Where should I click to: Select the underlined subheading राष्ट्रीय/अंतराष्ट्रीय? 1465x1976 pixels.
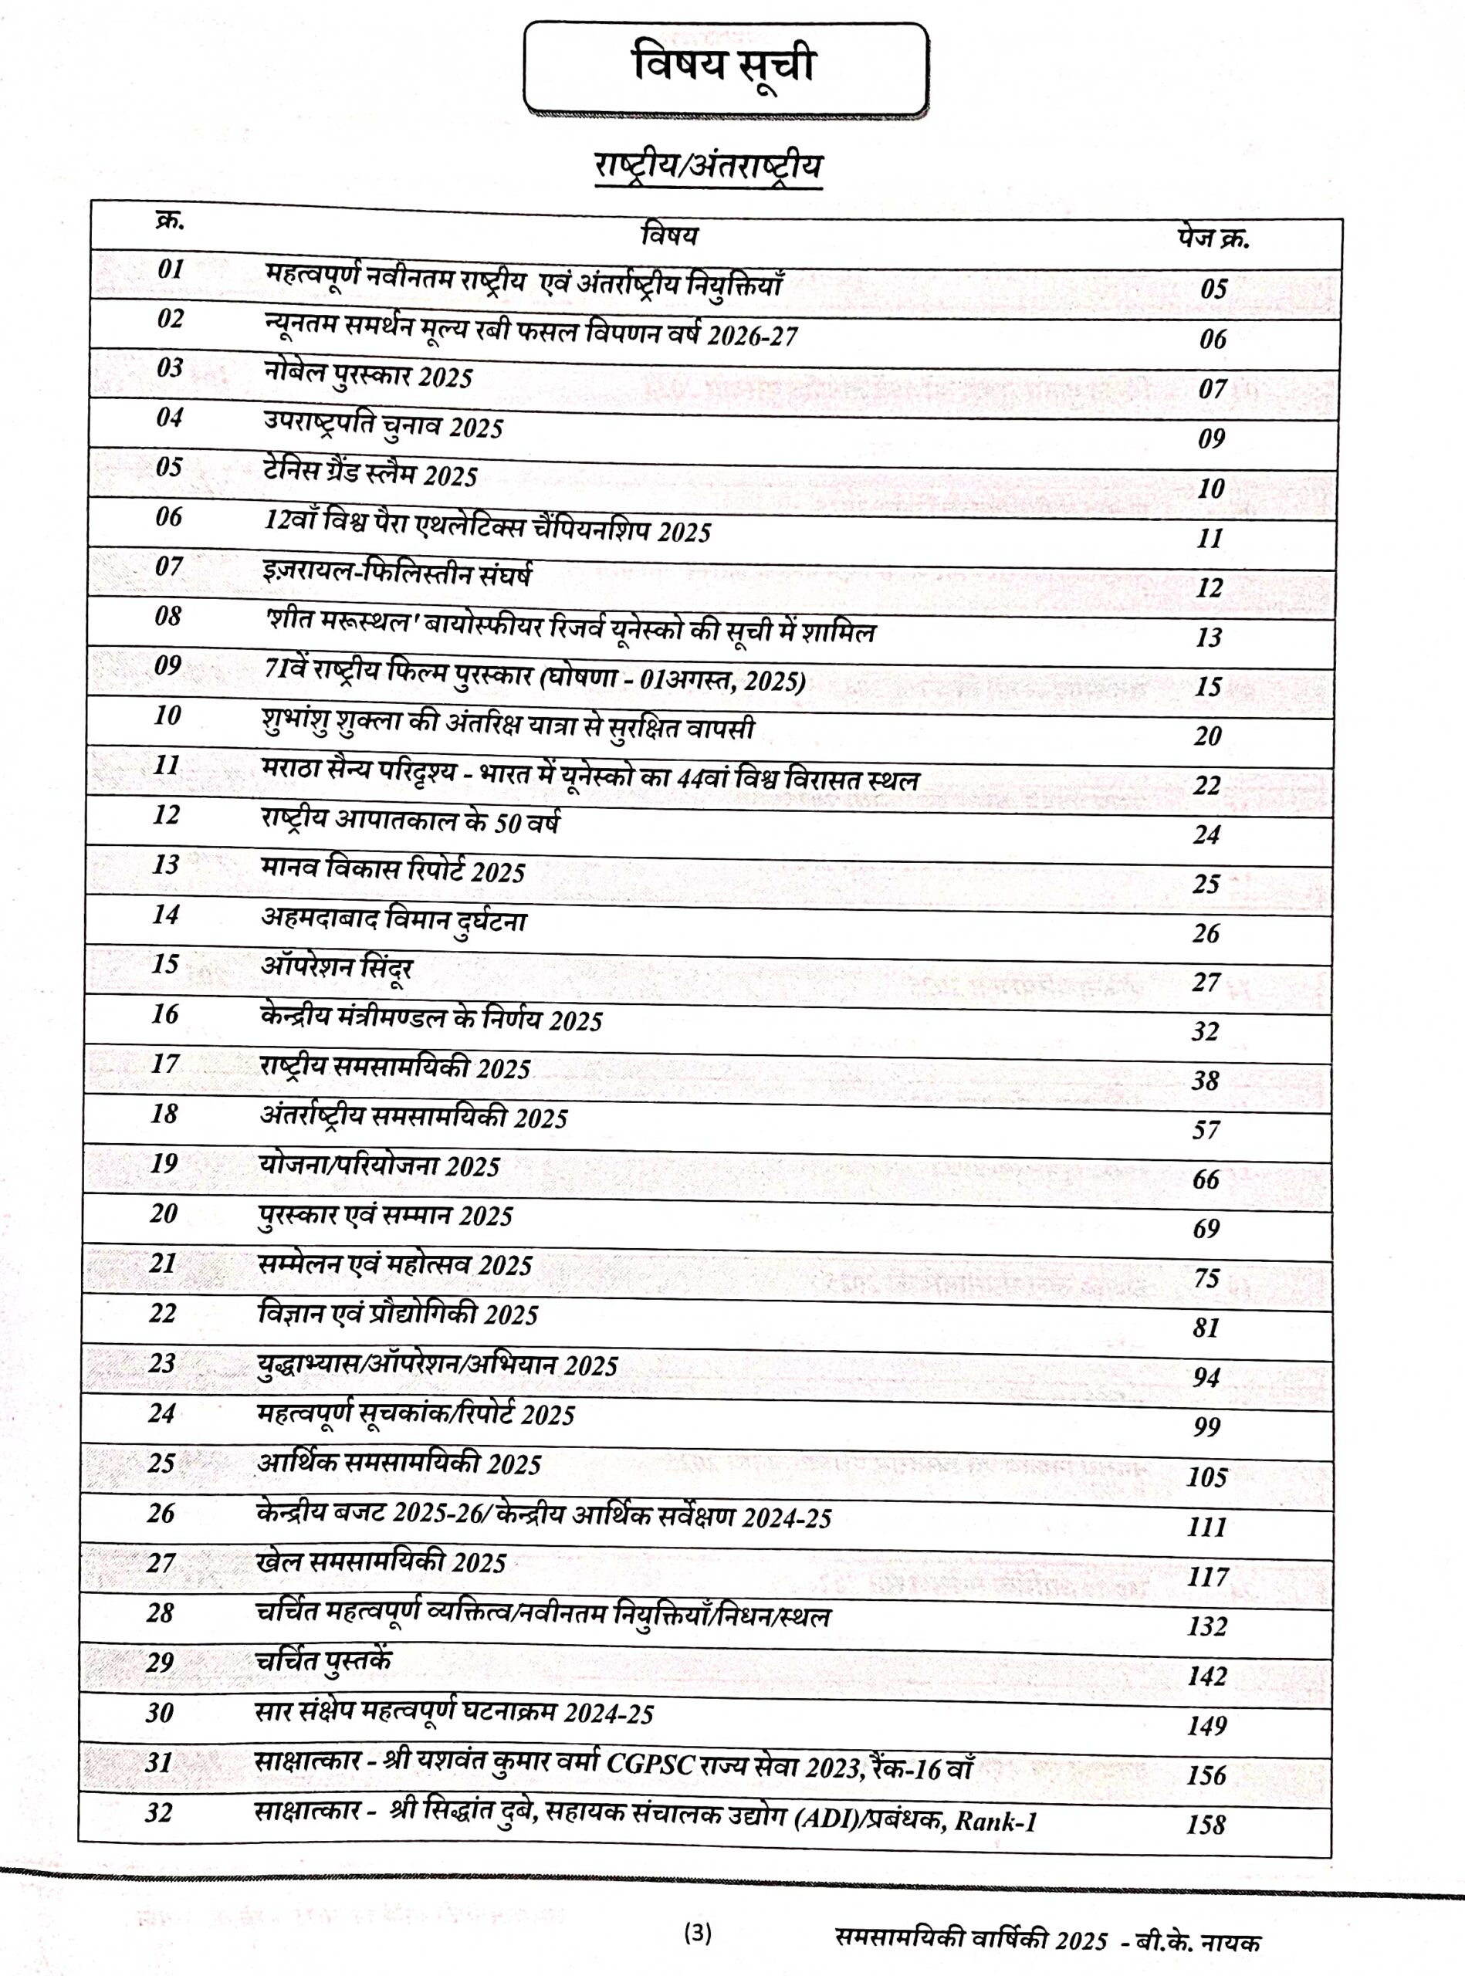pyautogui.click(x=708, y=167)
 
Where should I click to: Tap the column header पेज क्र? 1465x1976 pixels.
pyautogui.click(x=1213, y=239)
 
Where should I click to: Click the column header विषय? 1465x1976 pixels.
pyautogui.click(x=669, y=235)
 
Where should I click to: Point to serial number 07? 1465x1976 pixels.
pyautogui.click(x=168, y=566)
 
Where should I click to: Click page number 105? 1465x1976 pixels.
pyautogui.click(x=1207, y=1477)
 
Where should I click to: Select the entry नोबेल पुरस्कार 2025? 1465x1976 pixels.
pyautogui.click(x=368, y=376)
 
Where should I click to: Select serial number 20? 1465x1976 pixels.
pyautogui.click(x=163, y=1213)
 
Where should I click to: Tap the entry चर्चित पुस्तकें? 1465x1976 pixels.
pyautogui.click(x=323, y=1661)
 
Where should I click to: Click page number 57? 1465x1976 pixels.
pyautogui.click(x=1205, y=1130)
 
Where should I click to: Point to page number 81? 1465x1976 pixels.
pyautogui.click(x=1205, y=1328)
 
